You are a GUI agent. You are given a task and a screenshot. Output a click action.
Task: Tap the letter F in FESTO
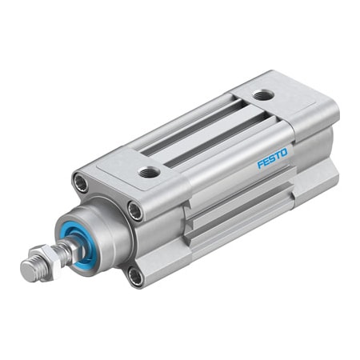point(261,164)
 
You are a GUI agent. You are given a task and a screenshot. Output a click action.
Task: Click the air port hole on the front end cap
point(148,171)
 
